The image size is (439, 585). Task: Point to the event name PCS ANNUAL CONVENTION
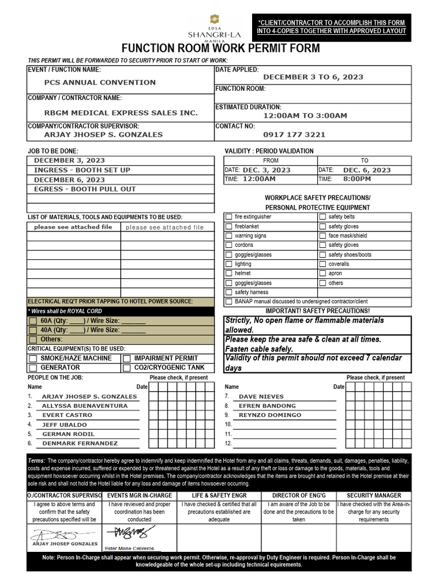point(100,82)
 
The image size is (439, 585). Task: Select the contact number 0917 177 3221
point(294,135)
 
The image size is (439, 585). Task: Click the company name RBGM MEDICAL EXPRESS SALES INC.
point(121,113)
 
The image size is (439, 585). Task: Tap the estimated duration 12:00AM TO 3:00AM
point(305,115)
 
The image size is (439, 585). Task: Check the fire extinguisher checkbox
point(229,217)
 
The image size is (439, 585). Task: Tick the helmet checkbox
point(229,274)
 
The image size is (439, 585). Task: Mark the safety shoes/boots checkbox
point(323,255)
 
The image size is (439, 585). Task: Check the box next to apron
point(323,274)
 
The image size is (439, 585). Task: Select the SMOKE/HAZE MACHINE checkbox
point(33,358)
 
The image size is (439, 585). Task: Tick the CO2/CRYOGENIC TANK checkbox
point(127,368)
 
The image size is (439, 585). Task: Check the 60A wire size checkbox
point(33,321)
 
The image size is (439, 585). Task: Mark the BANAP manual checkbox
point(229,302)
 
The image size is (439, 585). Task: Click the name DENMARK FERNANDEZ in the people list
point(80,443)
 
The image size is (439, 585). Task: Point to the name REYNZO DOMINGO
point(270,415)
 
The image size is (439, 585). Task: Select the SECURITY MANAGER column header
point(374,495)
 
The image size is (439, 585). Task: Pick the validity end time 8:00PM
point(357,179)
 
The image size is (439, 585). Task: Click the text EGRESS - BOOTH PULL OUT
point(85,189)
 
